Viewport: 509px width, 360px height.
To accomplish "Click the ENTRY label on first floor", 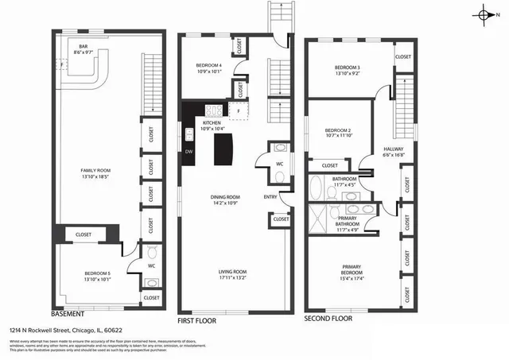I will click(x=272, y=198).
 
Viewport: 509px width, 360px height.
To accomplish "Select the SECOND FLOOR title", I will click(x=328, y=317).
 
